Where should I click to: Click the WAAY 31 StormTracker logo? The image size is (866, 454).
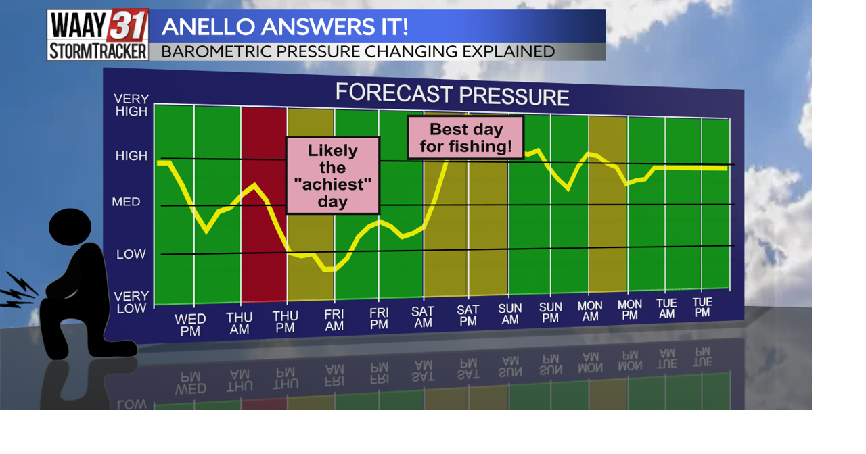(x=97, y=34)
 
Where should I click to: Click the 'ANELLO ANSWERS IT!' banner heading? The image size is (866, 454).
(x=284, y=27)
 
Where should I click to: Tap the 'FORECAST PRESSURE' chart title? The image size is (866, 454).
(x=452, y=94)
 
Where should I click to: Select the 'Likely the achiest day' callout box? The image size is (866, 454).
(x=332, y=175)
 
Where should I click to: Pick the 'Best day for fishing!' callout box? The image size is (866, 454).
(x=465, y=137)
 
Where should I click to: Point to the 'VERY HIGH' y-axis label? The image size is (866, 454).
(x=131, y=105)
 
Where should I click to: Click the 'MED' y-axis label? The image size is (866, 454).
(x=127, y=201)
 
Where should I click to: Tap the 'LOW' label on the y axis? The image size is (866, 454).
(x=131, y=254)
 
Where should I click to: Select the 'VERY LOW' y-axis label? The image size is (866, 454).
(x=131, y=302)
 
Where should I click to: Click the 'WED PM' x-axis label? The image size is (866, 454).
(x=190, y=325)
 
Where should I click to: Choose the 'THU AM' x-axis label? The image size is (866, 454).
(x=239, y=324)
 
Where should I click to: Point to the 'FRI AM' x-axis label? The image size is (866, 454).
(x=334, y=320)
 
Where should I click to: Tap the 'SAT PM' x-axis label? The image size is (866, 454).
(x=468, y=316)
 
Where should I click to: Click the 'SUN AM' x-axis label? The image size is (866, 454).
(x=510, y=313)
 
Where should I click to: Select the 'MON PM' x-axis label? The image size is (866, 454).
(x=630, y=310)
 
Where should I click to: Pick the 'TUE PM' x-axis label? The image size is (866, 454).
(x=702, y=307)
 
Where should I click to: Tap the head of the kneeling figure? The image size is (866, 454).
(x=70, y=226)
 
